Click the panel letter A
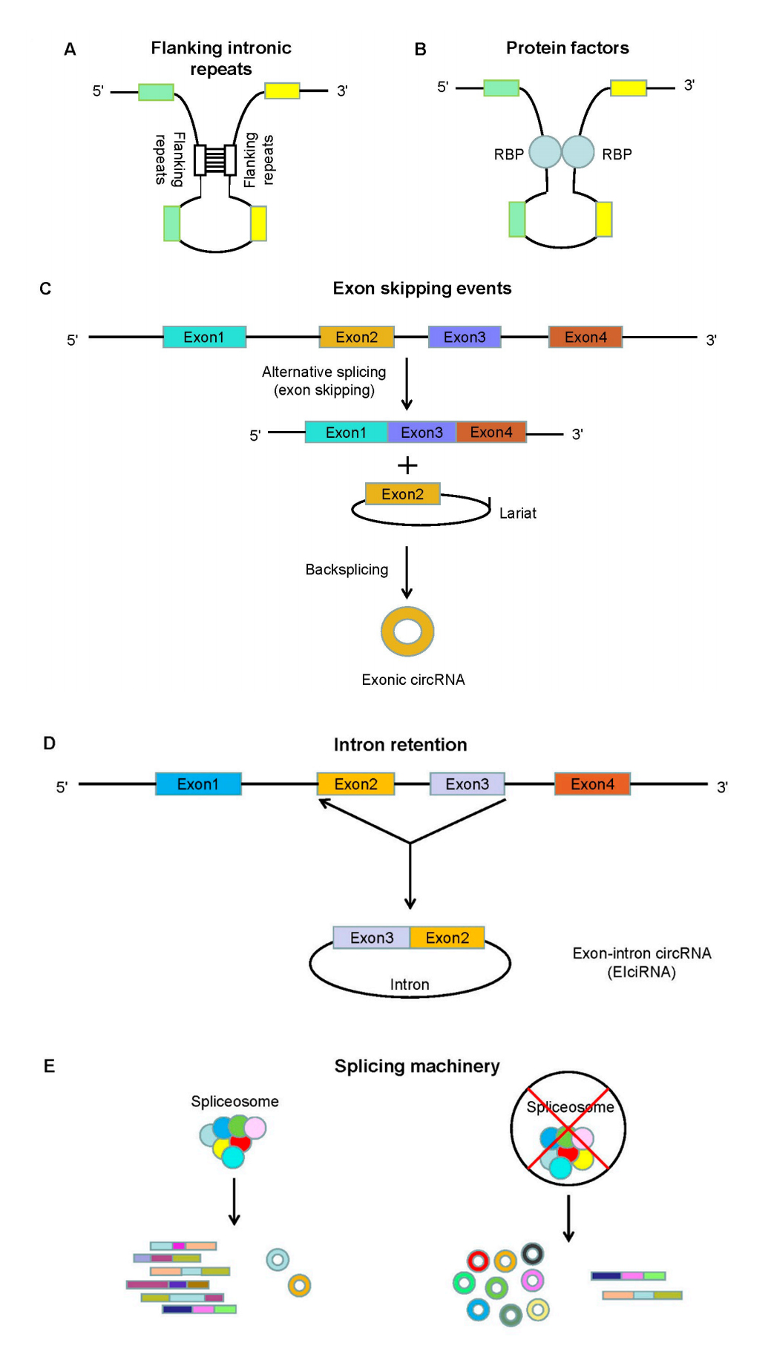(70, 50)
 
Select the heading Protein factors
(567, 48)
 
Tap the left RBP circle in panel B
(545, 152)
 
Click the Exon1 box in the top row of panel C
(204, 338)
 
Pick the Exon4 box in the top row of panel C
(585, 338)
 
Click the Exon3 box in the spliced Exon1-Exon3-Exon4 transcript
(421, 433)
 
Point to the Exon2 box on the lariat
(402, 494)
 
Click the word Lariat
(517, 513)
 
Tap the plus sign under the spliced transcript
(407, 466)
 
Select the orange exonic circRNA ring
(407, 631)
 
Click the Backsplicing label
(347, 570)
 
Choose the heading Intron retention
(400, 745)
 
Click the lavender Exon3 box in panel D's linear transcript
(467, 784)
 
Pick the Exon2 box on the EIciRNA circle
(447, 938)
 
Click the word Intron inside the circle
(410, 985)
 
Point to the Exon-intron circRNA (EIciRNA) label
(641, 962)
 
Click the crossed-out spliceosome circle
(568, 1128)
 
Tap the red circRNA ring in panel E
(478, 1261)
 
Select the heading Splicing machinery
(416, 1066)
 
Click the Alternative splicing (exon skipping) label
(324, 381)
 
